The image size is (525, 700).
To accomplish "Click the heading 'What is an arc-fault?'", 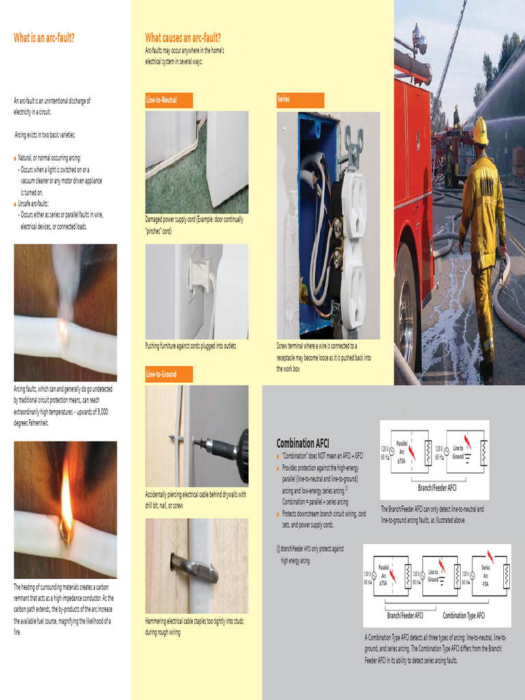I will pyautogui.click(x=44, y=38).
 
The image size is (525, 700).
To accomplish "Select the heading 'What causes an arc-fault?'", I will pyautogui.click(x=183, y=38).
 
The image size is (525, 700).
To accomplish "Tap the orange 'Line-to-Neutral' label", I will pyautogui.click(x=161, y=100).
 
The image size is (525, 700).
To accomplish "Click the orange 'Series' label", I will pyautogui.click(x=284, y=100).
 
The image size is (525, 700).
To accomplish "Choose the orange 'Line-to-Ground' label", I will pyautogui.click(x=161, y=375).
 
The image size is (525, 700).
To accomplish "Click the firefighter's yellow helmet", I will pyautogui.click(x=480, y=130).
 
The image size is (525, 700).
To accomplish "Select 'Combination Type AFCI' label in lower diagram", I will pyautogui.click(x=463, y=615).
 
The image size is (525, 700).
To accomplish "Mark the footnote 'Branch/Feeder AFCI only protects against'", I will pyautogui.click(x=312, y=548).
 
